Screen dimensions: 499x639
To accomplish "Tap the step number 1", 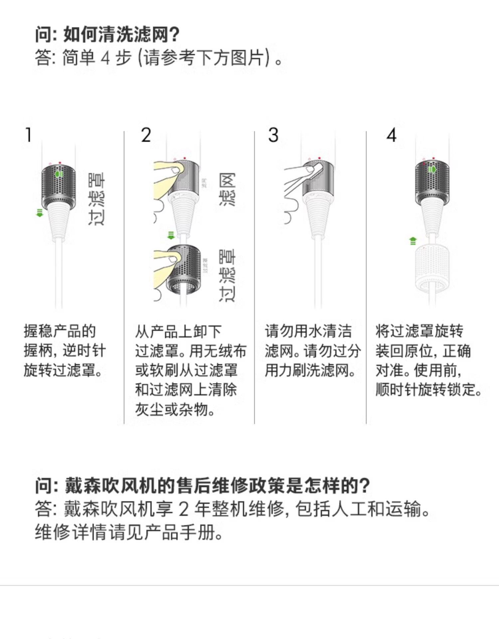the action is pos(29,135).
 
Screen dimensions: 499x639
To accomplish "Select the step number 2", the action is pos(146,135).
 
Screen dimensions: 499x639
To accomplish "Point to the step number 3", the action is pos(273,135).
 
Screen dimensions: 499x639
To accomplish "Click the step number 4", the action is pos(392,135).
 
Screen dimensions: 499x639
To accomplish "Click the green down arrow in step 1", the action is pos(40,213).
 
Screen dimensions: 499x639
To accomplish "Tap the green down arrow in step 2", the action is pos(171,236).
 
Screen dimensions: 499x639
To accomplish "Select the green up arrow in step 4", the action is pos(413,241).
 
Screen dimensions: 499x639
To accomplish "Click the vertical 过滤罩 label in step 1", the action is pos(97,199).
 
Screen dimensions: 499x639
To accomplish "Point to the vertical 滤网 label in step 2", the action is pos(227,189).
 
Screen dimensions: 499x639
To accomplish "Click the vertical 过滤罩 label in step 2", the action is pos(227,276).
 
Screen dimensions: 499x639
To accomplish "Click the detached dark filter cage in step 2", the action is pos(184,269).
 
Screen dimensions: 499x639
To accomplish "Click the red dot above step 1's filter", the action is pos(60,163).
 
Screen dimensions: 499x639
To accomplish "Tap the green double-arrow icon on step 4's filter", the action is pos(432,169).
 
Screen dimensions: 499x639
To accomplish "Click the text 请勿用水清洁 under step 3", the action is pos(308,331).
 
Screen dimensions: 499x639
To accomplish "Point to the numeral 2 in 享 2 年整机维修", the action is pos(184,509).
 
